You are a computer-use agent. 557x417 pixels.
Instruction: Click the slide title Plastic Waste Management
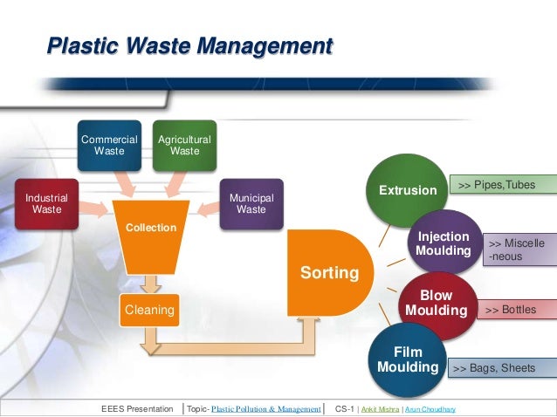189,44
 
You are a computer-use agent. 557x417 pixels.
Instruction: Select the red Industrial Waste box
46,203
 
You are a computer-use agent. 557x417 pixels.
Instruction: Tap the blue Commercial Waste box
109,145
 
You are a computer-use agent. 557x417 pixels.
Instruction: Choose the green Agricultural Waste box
184,145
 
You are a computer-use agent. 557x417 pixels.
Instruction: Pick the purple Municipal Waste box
251,203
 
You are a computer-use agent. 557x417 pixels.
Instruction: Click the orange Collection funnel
152,236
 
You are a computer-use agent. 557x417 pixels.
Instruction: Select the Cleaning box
148,308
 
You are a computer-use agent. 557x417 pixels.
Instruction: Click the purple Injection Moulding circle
444,243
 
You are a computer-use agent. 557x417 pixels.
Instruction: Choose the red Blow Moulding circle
437,304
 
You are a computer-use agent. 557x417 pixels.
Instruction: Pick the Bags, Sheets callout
503,369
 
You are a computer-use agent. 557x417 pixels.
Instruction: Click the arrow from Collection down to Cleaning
152,283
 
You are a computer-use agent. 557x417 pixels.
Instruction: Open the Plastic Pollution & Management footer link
266,408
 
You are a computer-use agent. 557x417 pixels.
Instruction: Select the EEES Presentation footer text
137,408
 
